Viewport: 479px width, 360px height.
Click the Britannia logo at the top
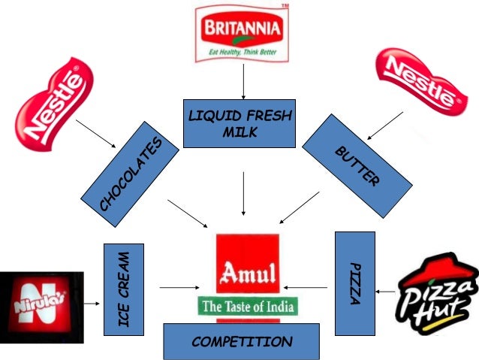[x=241, y=32]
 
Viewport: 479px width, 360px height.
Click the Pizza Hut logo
[x=437, y=289]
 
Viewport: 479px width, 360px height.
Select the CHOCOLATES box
[x=130, y=174]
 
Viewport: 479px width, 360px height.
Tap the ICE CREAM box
[x=124, y=289]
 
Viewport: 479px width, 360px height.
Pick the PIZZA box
[x=354, y=283]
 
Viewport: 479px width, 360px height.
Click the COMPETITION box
[x=241, y=341]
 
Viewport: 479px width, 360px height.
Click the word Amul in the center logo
[x=248, y=271]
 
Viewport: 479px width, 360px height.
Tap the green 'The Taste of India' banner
[x=248, y=306]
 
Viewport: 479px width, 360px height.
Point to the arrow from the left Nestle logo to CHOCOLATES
[x=95, y=134]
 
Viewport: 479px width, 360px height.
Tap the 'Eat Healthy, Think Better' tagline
[x=241, y=52]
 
